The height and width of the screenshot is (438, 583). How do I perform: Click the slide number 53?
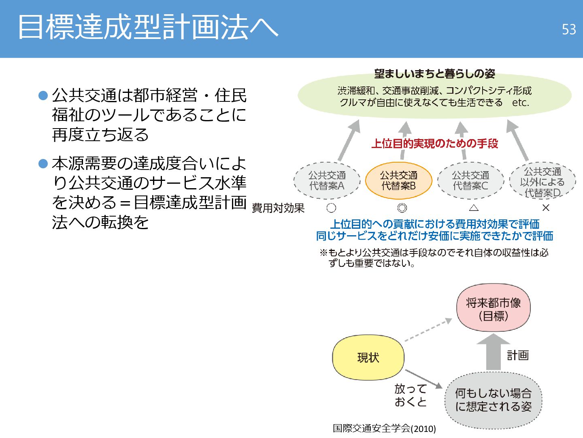[x=568, y=30]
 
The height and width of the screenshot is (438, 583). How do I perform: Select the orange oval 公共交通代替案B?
[x=399, y=181]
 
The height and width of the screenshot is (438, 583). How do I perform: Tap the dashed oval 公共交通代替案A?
[x=327, y=181]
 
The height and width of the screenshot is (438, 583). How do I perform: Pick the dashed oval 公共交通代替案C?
[x=470, y=181]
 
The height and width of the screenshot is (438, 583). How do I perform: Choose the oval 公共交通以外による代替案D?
[x=542, y=182]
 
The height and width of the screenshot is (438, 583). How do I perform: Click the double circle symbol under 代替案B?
[x=402, y=208]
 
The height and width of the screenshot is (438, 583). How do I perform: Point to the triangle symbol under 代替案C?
[x=474, y=208]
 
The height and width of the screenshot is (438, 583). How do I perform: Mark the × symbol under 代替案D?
[x=546, y=208]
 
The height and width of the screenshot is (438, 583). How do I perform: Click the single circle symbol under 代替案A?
[x=331, y=208]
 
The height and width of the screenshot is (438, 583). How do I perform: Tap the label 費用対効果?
[x=278, y=208]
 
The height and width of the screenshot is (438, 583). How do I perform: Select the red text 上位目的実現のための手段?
[x=435, y=144]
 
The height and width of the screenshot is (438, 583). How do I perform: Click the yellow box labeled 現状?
[x=368, y=357]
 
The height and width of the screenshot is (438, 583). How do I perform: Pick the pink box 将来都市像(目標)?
[x=493, y=308]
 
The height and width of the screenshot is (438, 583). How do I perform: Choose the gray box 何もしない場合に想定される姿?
[x=493, y=400]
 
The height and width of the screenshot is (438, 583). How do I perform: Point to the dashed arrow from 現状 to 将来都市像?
[x=428, y=329]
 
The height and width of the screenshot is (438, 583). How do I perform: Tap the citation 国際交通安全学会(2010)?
[x=384, y=428]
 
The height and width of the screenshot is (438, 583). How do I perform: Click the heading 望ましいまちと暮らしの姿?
[x=434, y=73]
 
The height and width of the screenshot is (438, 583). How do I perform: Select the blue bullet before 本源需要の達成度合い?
[x=43, y=163]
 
